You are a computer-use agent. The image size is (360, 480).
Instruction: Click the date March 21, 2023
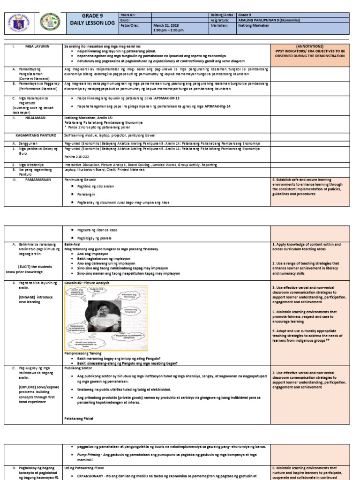(x=164, y=26)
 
